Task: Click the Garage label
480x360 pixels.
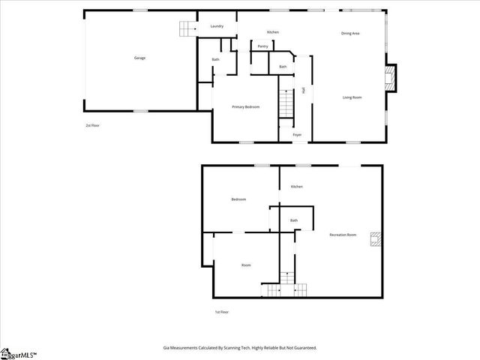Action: (139, 58)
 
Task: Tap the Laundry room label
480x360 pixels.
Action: (217, 26)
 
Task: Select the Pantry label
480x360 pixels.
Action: (262, 46)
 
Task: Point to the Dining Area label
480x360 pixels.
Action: (350, 34)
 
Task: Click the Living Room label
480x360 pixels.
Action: (352, 98)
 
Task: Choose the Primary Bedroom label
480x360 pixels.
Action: (245, 107)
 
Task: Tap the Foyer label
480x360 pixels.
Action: (297, 135)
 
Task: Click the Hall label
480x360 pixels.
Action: (303, 91)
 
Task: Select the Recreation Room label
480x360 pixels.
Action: (343, 235)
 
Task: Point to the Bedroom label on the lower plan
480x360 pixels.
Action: (238, 199)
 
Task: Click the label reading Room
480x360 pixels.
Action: (246, 265)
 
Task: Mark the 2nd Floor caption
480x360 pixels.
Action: (92, 125)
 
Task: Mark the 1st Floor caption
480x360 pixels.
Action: (221, 312)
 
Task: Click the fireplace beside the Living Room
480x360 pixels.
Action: (389, 77)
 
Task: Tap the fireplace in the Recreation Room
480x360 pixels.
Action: (379, 239)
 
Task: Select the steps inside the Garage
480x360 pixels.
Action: (186, 28)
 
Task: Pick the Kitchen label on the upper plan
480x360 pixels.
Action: (273, 32)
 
